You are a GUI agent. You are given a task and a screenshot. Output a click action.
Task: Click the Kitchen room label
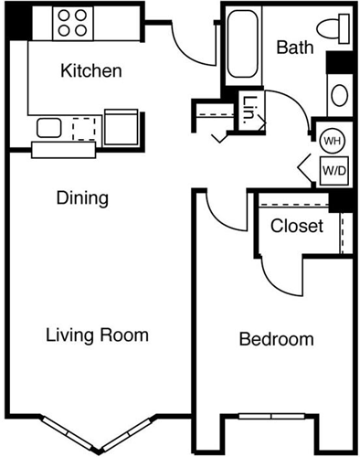point(90,70)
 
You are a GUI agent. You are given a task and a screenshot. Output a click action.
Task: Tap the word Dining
point(82,197)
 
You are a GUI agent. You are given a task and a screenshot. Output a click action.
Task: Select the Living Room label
point(97,335)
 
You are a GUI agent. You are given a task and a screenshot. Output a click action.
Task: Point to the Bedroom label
point(276,340)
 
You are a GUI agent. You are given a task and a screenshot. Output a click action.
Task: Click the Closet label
point(297,225)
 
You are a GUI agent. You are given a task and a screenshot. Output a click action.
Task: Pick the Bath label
point(294,46)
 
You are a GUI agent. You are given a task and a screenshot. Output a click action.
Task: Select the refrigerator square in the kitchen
point(122,127)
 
